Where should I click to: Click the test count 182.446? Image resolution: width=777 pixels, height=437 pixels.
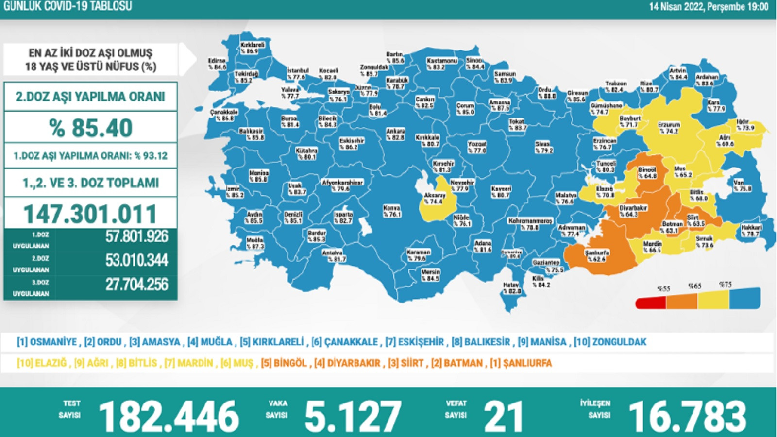(169, 416)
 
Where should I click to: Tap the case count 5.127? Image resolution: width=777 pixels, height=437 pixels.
(353, 416)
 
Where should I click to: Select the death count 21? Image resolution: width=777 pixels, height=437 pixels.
(503, 416)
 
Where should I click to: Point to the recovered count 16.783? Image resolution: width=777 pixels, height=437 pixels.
(687, 416)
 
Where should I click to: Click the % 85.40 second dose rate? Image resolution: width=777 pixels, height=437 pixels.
(91, 128)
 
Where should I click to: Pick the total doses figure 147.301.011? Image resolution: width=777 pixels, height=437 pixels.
(91, 214)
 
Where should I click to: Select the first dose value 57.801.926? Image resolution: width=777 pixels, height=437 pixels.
(136, 237)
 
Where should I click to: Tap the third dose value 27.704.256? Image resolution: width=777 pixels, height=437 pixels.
(136, 285)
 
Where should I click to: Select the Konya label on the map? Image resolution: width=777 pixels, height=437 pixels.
(391, 211)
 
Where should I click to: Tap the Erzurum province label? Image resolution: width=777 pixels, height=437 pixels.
(669, 128)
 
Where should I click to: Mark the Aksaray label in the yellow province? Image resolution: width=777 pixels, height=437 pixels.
(434, 198)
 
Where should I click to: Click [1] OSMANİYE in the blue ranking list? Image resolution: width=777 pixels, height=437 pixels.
(47, 342)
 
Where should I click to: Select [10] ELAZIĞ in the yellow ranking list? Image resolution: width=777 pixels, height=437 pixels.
(42, 363)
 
